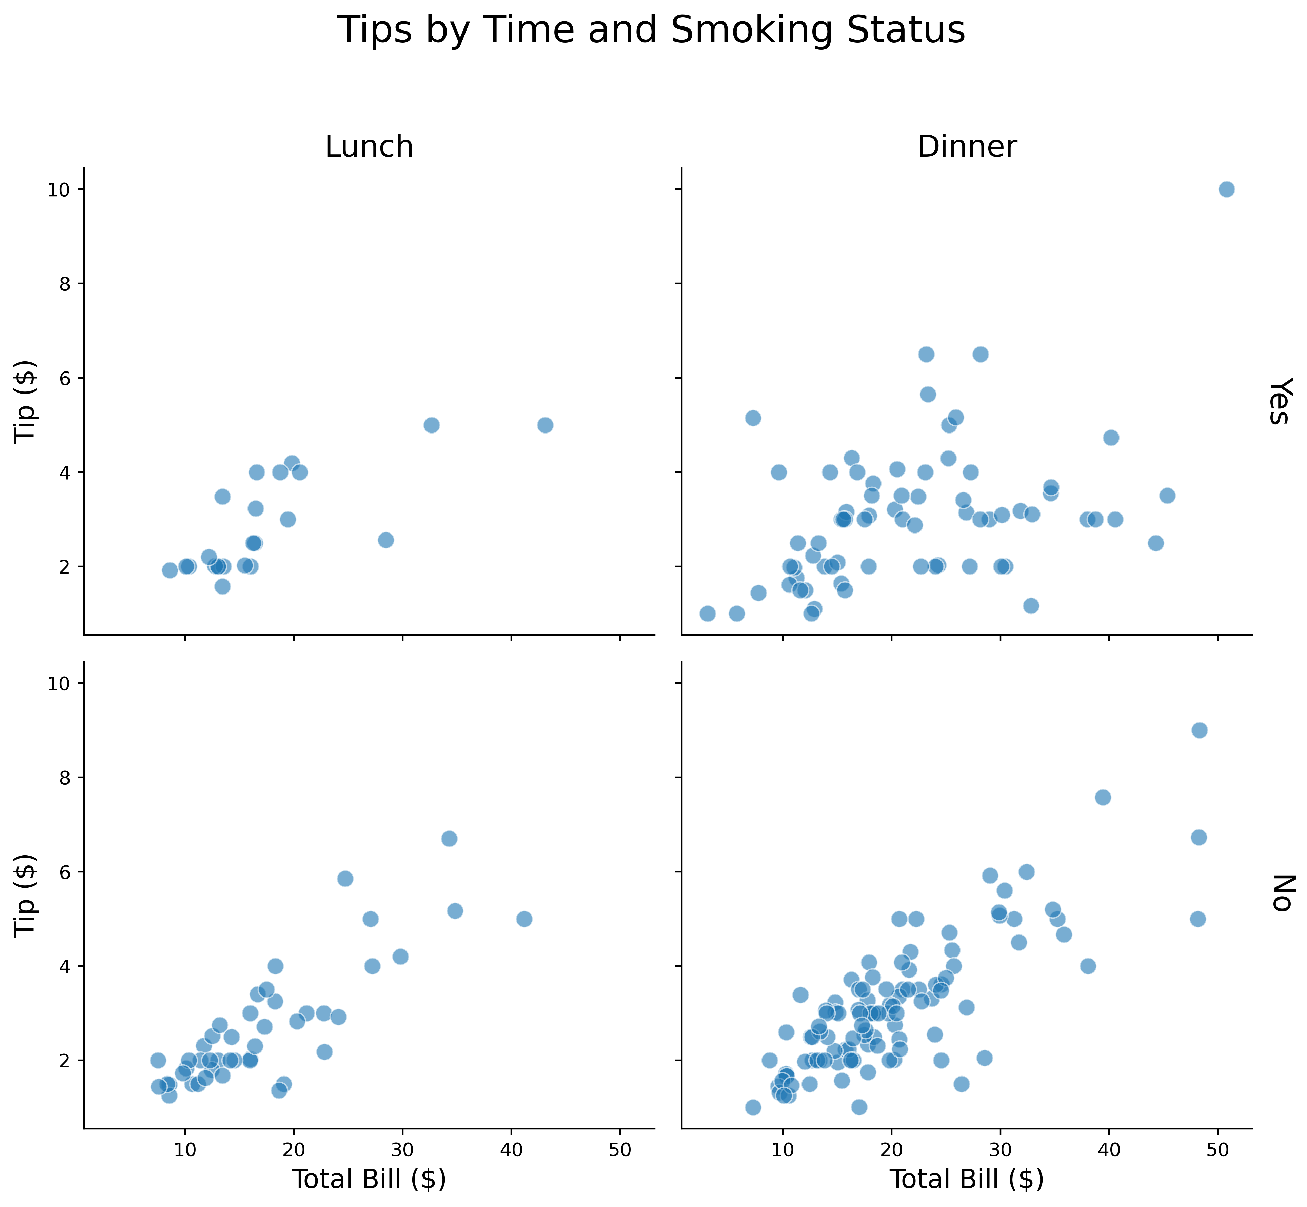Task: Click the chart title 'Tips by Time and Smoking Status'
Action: coord(652,31)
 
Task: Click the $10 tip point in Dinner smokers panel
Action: coord(1226,189)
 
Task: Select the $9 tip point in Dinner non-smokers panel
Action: coord(1199,730)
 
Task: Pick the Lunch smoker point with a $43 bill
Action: coord(545,425)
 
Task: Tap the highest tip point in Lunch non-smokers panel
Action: coord(449,839)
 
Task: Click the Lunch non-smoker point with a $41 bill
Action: coord(524,919)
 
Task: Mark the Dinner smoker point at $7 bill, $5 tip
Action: coord(752,418)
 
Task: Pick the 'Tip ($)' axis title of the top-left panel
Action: coord(26,401)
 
